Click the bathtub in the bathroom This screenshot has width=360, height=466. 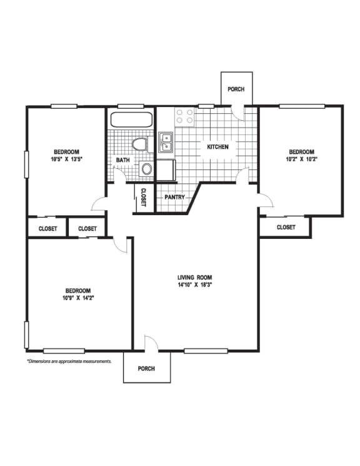coord(132,119)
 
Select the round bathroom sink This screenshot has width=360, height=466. coord(147,170)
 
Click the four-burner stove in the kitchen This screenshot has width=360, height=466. coord(184,116)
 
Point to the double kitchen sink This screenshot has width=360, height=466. coord(166,142)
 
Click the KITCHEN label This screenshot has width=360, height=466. coord(217,147)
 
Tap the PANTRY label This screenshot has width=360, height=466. coord(174,197)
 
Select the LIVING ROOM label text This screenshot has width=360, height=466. coord(195,278)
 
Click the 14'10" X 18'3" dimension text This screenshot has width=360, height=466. coord(195,285)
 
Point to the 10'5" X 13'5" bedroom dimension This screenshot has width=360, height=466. coord(66,159)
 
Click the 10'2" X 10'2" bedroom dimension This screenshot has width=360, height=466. coord(302,159)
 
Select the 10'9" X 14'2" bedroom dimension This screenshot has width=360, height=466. coord(78,298)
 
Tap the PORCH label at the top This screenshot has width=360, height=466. coord(236,89)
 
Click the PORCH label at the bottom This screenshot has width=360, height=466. coord(146,369)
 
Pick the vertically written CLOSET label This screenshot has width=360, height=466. coord(143,197)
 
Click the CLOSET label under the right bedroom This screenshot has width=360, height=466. coord(286,227)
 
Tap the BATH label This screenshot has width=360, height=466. coord(123,160)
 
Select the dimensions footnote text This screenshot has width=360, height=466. coord(69,362)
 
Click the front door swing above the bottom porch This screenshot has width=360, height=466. coord(151,343)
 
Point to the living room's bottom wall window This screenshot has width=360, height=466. coord(206,351)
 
